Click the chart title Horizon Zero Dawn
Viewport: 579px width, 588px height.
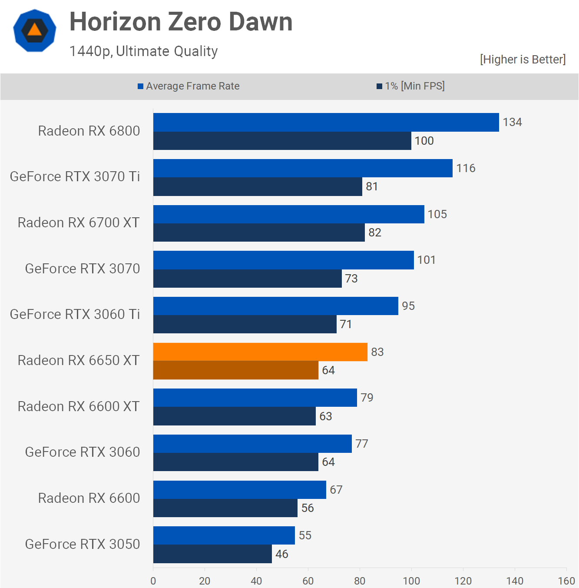(181, 22)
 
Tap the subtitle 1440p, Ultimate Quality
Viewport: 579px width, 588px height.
(143, 51)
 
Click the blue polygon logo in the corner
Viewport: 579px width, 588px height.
(35, 30)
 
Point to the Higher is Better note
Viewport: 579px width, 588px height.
(523, 60)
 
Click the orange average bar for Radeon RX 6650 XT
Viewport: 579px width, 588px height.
(260, 352)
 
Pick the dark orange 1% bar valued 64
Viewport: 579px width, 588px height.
(236, 370)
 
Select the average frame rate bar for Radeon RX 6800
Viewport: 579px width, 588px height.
(326, 123)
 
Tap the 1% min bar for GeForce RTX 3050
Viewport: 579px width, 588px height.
(212, 554)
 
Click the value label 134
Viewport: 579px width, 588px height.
(512, 122)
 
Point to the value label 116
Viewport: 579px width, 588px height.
(466, 168)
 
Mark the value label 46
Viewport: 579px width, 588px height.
(281, 554)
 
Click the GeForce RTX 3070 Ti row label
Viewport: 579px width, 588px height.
(75, 177)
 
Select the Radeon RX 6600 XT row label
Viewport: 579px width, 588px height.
(79, 406)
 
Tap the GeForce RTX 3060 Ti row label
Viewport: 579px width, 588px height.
(75, 314)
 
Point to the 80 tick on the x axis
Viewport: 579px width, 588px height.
(360, 581)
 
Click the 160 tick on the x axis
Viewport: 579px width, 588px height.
(566, 581)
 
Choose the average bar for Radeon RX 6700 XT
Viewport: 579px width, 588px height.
(289, 214)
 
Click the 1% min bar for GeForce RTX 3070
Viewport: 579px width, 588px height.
(248, 279)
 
